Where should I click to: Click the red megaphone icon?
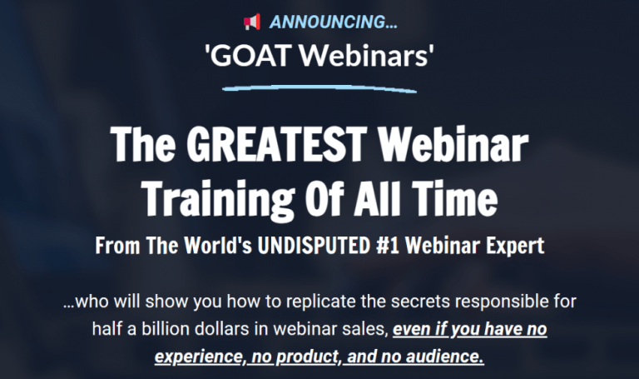tap(252, 22)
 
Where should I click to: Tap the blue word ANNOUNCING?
tap(334, 22)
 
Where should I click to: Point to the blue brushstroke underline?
tap(319, 88)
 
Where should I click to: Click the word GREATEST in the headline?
tap(277, 144)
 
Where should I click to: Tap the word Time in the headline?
tap(454, 197)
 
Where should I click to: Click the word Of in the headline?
tap(325, 197)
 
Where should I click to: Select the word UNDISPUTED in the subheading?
tap(314, 246)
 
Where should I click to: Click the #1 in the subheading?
tap(388, 246)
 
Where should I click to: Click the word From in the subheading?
tap(117, 246)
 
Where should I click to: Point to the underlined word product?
tap(307, 357)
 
